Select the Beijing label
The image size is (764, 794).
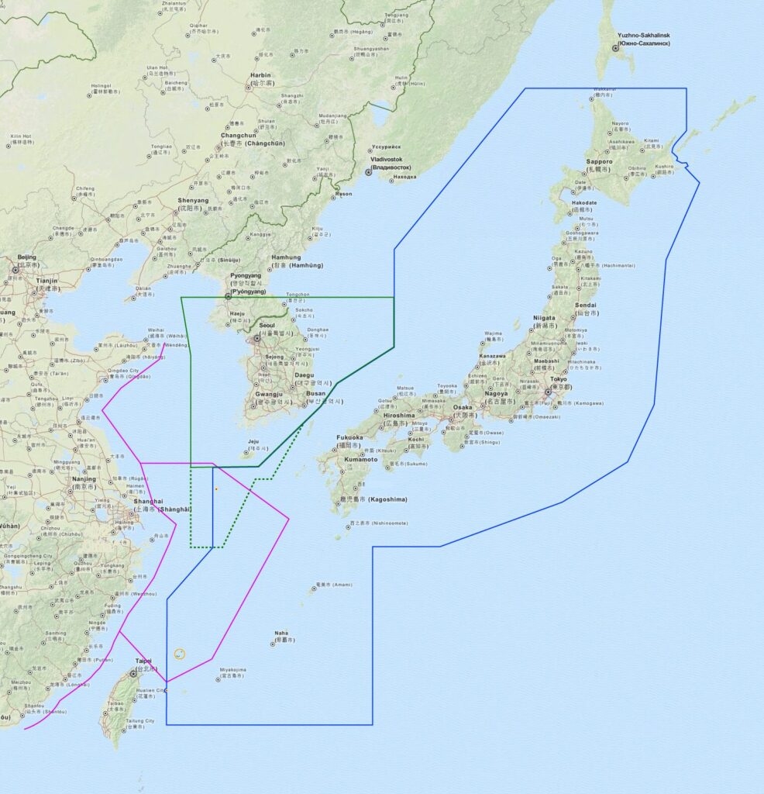pos(26,257)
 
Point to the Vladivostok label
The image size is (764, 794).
pos(391,158)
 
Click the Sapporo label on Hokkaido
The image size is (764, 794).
pos(599,161)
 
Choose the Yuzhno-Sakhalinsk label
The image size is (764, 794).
pos(643,36)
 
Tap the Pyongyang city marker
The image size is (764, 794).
pos(228,296)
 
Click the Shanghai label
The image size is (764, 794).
pos(148,501)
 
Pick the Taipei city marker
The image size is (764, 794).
pos(133,674)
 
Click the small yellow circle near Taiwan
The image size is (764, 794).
pos(180,654)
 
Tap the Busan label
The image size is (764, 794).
pos(315,392)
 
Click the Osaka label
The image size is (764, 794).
pos(463,407)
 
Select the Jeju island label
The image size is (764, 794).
pos(253,442)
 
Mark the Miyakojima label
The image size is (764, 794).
pos(232,669)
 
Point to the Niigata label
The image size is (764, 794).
pos(544,318)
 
